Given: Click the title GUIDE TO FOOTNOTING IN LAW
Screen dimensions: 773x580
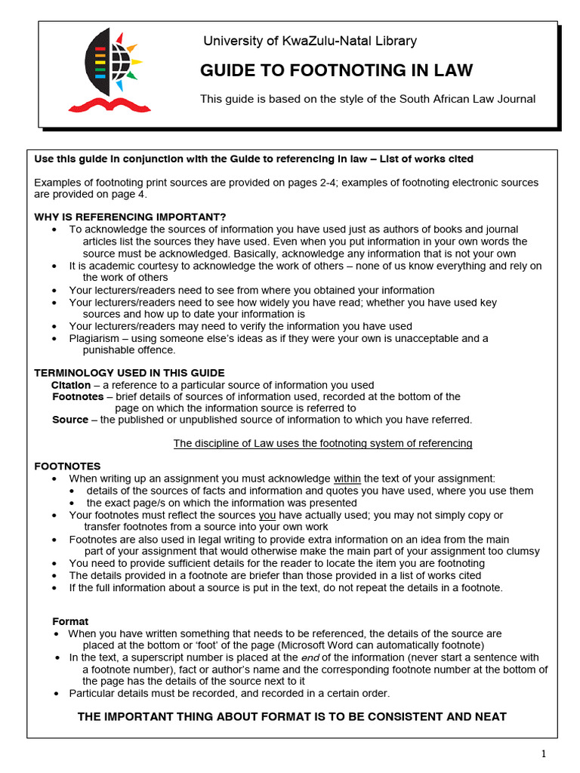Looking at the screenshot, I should pos(336,71).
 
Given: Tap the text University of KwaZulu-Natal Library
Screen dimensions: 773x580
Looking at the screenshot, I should pos(310,41).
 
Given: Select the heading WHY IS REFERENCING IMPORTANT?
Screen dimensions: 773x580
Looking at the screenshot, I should pos(130,217).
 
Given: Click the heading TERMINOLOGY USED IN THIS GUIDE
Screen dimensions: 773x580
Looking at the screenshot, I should pos(129,373).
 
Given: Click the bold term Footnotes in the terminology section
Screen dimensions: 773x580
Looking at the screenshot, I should pos(78,396).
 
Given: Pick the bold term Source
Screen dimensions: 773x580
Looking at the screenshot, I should pos(69,420).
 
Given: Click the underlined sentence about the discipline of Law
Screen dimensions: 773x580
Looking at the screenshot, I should pos(322,443).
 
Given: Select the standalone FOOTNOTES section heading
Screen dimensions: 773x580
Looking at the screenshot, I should pos(67,467).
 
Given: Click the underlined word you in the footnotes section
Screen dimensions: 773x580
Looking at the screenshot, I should pos(267,515).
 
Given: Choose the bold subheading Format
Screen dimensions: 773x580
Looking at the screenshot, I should pos(70,621).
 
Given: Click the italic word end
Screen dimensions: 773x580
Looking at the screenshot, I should pos(310,658).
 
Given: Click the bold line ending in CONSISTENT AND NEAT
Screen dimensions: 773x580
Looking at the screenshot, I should pos(292,716).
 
